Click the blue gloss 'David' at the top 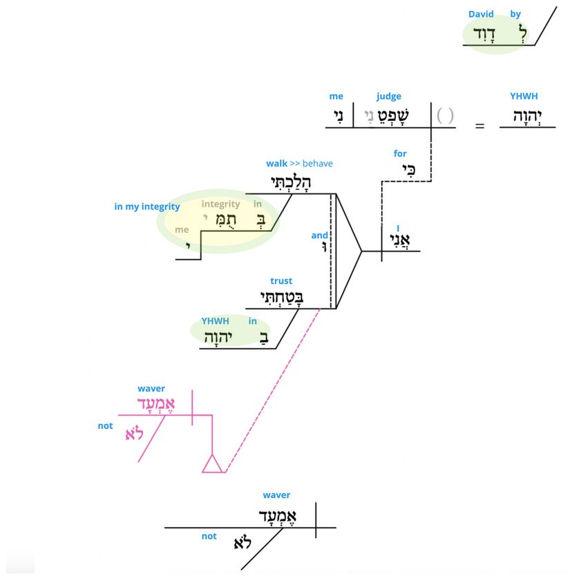point(481,14)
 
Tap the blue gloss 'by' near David point(515,14)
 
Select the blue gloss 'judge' point(388,97)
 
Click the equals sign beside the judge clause point(479,126)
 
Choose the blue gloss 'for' point(400,153)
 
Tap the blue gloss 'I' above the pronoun point(398,229)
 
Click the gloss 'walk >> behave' point(299,164)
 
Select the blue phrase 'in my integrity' point(147,207)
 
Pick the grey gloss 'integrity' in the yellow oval point(220,204)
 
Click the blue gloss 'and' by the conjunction point(319,236)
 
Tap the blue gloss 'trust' point(281,281)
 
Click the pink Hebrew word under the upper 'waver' point(157,404)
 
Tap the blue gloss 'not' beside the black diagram point(209,536)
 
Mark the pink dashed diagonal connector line point(274,390)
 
